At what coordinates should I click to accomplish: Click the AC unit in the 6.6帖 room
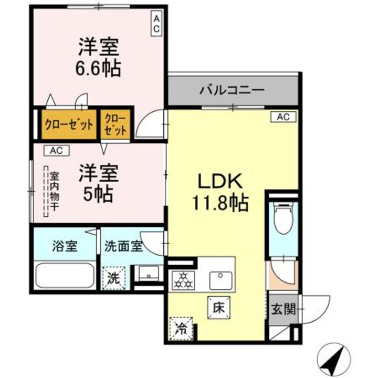[156, 24]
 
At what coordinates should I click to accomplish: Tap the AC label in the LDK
[283, 117]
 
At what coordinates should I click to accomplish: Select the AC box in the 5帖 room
[57, 151]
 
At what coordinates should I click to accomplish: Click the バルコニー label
[232, 90]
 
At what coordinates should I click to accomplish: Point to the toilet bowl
[283, 218]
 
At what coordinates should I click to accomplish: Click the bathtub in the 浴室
[65, 276]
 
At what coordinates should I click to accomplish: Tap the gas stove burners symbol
[183, 280]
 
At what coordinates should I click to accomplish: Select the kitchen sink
[221, 280]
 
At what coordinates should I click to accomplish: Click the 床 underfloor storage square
[218, 308]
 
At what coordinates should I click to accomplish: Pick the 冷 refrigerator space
[181, 328]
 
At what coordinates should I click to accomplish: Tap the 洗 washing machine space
[113, 278]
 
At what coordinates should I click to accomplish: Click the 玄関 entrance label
[283, 309]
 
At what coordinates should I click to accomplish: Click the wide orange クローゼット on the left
[69, 124]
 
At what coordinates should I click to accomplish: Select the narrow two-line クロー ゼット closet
[115, 124]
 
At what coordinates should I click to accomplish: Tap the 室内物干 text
[55, 191]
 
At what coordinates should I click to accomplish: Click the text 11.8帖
[220, 203]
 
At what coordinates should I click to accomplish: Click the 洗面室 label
[124, 246]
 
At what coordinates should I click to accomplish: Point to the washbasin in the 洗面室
[149, 274]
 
